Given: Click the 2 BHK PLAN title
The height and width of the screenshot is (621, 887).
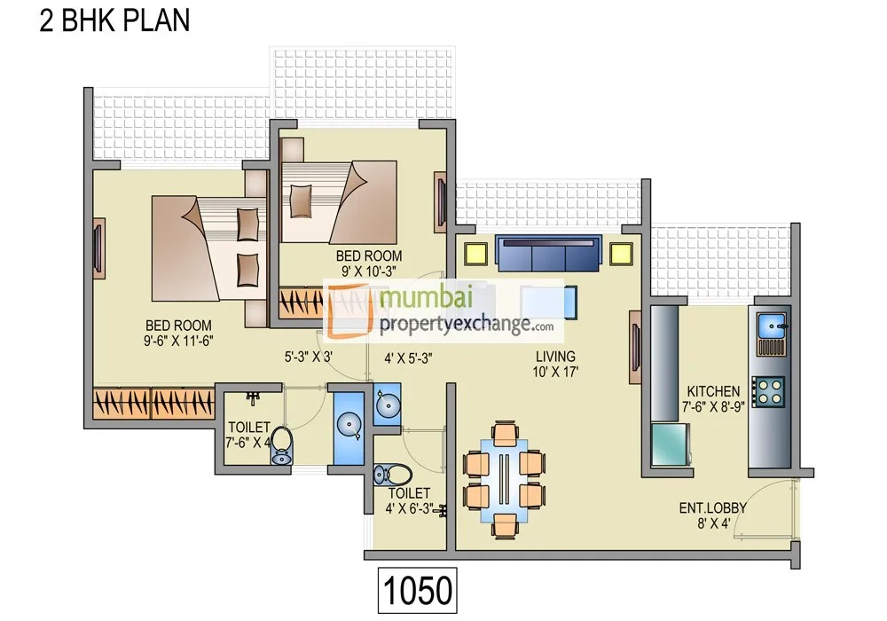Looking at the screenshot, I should (114, 20).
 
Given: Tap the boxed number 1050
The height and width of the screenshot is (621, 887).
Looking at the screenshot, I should (418, 589).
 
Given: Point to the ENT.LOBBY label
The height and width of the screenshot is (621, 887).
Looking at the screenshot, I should (712, 508).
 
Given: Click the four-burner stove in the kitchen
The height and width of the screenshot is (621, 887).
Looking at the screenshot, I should (768, 390).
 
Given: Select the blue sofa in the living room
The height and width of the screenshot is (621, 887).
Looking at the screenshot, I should (548, 254).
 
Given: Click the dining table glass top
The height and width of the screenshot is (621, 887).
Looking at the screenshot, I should (504, 476).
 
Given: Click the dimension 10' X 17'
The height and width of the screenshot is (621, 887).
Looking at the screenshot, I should (555, 373).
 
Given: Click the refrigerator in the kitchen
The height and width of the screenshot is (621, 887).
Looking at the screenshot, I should (670, 444).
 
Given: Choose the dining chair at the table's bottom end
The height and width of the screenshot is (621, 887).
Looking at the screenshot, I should (504, 524).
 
